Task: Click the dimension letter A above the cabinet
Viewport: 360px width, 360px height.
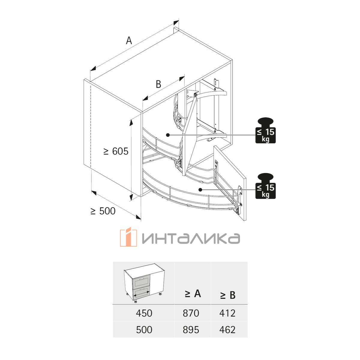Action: (x=129, y=40)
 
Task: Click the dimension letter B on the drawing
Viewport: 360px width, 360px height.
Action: (x=158, y=84)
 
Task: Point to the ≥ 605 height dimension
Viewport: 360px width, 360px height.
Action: (x=116, y=151)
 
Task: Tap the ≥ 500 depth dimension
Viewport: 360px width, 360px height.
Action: (x=103, y=211)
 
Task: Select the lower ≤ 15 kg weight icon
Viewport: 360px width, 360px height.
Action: (x=265, y=186)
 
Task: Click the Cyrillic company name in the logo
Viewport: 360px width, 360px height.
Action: (x=191, y=238)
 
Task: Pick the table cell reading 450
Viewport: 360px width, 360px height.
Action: (x=144, y=313)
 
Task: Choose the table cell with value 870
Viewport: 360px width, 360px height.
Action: (x=191, y=313)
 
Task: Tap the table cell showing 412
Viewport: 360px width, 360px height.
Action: (x=227, y=313)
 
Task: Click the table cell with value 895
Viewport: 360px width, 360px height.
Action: (x=191, y=330)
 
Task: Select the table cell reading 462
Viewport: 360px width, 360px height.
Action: (x=227, y=330)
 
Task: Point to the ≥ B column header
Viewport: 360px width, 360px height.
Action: (x=228, y=295)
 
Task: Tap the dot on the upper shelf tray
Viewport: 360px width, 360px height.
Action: (x=168, y=135)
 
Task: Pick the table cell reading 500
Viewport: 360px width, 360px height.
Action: (x=144, y=330)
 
